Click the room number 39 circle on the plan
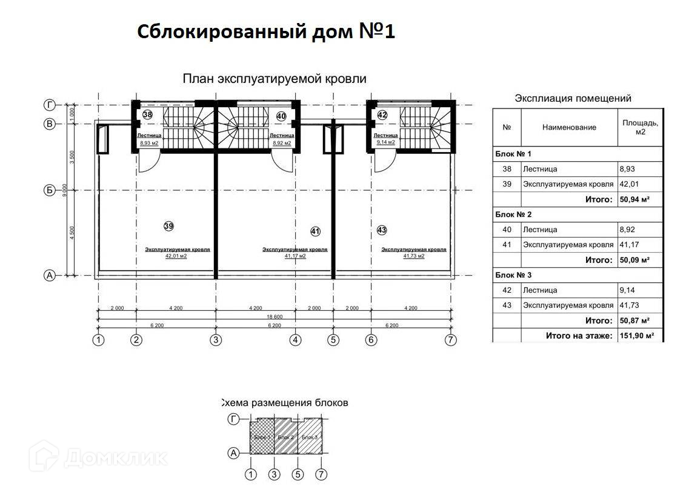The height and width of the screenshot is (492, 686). tap(168, 226)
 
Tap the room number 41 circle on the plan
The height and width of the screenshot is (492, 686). tap(315, 231)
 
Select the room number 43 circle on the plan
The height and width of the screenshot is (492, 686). tap(382, 230)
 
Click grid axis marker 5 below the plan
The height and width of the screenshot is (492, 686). tap(333, 340)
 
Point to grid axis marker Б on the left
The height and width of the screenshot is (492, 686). tap(50, 190)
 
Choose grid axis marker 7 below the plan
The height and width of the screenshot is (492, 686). tap(450, 340)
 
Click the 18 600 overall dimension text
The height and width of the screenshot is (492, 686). tap(275, 317)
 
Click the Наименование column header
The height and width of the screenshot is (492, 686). tap(569, 127)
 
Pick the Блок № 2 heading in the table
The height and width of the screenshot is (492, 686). tap(513, 214)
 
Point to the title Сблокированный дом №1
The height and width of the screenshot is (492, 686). tap(266, 32)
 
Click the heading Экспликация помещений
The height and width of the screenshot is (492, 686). tap(573, 98)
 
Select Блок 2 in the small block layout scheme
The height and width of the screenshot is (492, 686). tap(285, 437)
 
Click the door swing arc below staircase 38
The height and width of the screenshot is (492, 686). tap(149, 162)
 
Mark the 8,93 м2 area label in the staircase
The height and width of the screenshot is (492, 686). tap(148, 143)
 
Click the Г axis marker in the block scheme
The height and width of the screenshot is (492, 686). tap(234, 419)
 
